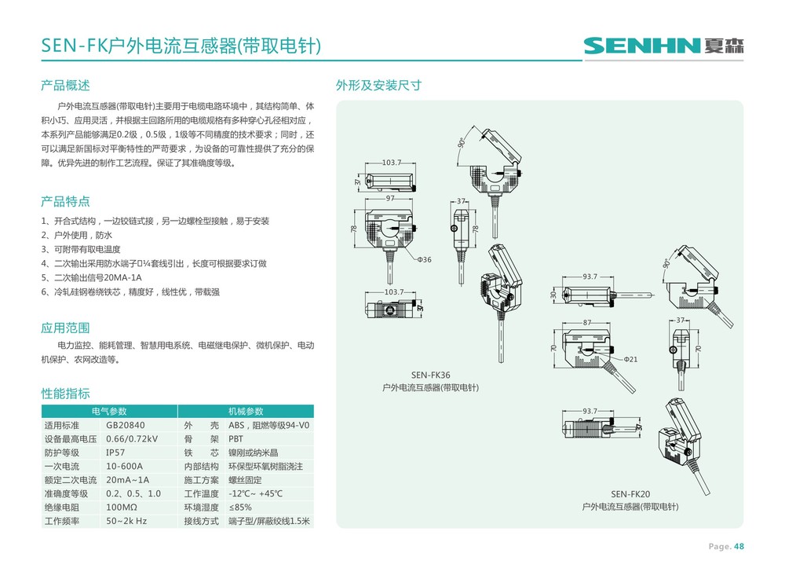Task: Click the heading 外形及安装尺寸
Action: tap(378, 85)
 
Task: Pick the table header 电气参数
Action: tap(109, 411)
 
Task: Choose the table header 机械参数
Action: tap(245, 411)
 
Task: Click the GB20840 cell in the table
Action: tap(126, 425)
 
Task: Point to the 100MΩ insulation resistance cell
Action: tap(122, 508)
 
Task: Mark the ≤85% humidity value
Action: tap(240, 508)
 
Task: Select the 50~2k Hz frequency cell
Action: tap(126, 522)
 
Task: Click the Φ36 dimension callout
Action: tap(424, 259)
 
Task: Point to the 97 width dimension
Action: tap(389, 198)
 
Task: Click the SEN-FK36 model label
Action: tap(430, 376)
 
